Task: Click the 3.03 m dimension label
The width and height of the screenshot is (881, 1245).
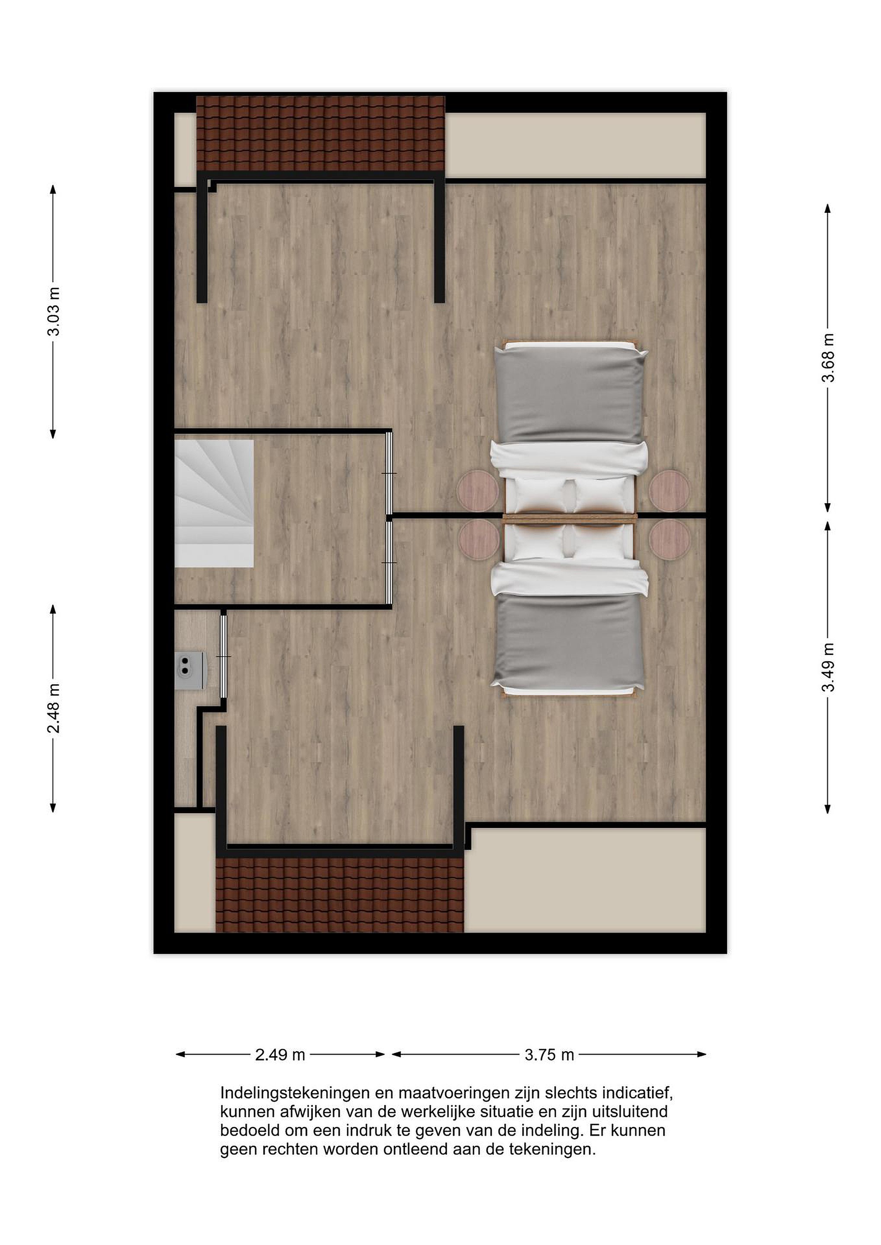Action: pyautogui.click(x=53, y=312)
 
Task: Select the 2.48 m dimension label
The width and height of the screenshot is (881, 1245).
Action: pyautogui.click(x=53, y=708)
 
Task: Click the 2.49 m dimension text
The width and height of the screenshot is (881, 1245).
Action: pyautogui.click(x=280, y=1055)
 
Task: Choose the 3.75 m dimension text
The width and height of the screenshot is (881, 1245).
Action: pyautogui.click(x=549, y=1055)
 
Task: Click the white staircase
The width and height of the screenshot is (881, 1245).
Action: pyautogui.click(x=214, y=503)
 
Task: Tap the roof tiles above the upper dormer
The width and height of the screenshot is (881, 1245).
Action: pyautogui.click(x=320, y=134)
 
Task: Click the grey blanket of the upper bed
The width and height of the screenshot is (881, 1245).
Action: pyautogui.click(x=571, y=394)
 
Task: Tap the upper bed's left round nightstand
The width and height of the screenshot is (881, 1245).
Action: pyautogui.click(x=477, y=491)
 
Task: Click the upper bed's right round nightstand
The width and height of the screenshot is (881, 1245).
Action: pyautogui.click(x=670, y=491)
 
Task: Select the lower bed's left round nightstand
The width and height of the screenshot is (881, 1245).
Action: pyautogui.click(x=479, y=540)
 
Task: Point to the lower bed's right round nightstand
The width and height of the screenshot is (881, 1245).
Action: pyautogui.click(x=670, y=540)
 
